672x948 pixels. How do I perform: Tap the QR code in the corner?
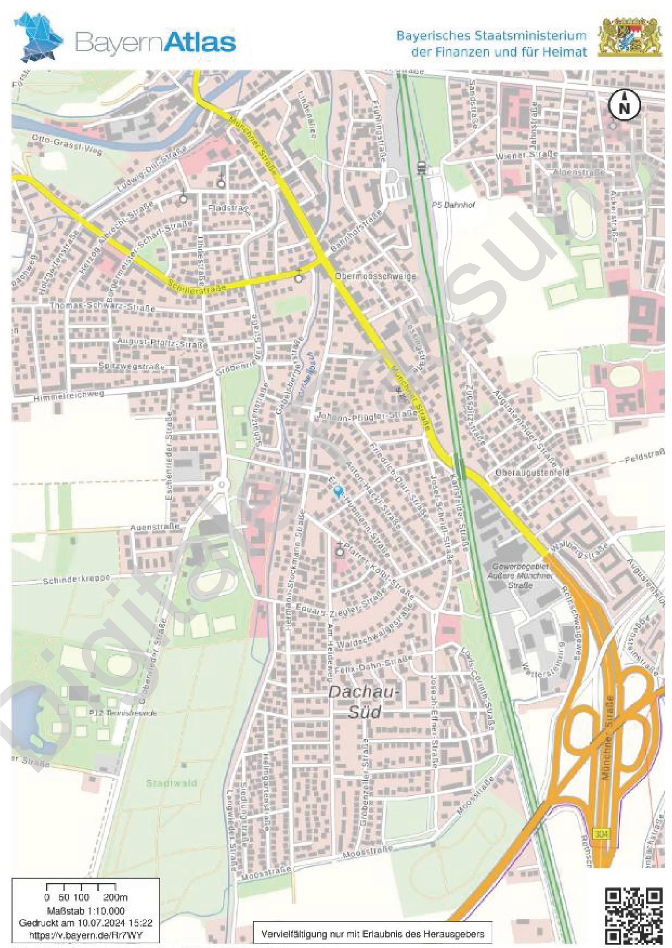(x=633, y=914)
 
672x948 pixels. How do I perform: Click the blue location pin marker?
(x=339, y=491)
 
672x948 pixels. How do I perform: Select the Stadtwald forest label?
(x=171, y=783)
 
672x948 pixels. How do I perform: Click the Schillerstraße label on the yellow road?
(x=197, y=286)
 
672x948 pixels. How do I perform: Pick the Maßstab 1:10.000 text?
(x=86, y=911)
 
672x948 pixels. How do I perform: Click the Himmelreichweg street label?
(x=68, y=396)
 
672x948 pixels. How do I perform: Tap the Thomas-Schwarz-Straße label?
(x=103, y=307)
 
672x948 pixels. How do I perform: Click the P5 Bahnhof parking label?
(x=453, y=205)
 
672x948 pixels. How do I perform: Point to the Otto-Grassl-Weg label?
(x=67, y=145)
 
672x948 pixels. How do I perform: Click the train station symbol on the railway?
(x=422, y=167)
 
